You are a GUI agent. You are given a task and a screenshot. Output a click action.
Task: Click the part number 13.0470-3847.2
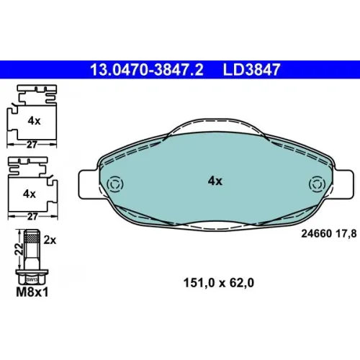coord(147,70)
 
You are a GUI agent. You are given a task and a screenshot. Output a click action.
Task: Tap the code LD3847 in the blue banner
coord(251,70)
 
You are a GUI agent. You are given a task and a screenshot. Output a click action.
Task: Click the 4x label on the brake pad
coord(215,181)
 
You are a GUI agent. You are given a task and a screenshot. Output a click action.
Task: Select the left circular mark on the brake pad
coord(115,184)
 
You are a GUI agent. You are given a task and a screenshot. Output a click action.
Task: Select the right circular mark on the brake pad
coord(318,184)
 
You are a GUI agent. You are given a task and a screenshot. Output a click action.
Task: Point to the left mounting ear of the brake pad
coord(89,184)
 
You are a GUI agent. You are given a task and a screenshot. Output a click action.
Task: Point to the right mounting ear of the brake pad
coord(343,184)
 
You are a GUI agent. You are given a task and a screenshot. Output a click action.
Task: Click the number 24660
coord(317,233)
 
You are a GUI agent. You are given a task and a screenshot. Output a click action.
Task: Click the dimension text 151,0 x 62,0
coord(219,283)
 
